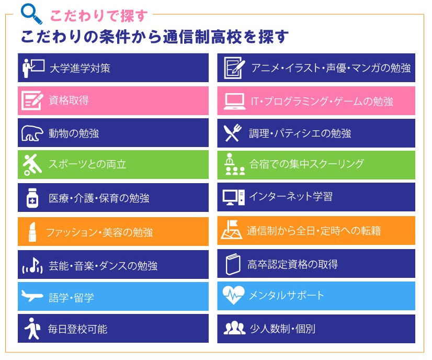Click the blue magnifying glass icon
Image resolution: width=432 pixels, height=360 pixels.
pyautogui.click(x=31, y=14)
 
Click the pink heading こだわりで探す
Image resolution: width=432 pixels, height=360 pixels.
pyautogui.click(x=99, y=16)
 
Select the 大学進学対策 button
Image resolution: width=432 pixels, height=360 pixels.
pyautogui.click(x=113, y=68)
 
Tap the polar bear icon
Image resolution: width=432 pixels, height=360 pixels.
pyautogui.click(x=32, y=133)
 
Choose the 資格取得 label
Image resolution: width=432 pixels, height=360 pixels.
pyautogui.click(x=69, y=100)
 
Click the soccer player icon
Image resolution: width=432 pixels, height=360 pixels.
pyautogui.click(x=32, y=164)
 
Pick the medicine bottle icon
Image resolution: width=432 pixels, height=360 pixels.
pyautogui.click(x=32, y=198)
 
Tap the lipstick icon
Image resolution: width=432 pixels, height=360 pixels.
pyautogui.click(x=32, y=232)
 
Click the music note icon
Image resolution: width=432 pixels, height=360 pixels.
pyautogui.click(x=32, y=266)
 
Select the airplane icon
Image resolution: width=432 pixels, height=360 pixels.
pyautogui.click(x=32, y=296)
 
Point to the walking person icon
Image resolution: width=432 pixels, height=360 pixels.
pyautogui.click(x=32, y=328)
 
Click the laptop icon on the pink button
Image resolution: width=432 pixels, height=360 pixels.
pyautogui.click(x=234, y=101)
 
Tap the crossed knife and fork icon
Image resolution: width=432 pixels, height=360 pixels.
pyautogui.click(x=233, y=133)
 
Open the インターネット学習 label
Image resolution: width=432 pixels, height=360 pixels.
pyautogui.click(x=291, y=197)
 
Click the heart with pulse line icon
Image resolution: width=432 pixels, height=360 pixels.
pyautogui.click(x=233, y=295)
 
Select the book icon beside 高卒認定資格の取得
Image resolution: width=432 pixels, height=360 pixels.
pyautogui.click(x=233, y=264)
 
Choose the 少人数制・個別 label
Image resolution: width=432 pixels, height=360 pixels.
pyautogui.click(x=282, y=329)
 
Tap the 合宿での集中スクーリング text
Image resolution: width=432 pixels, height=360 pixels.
pyautogui.click(x=306, y=164)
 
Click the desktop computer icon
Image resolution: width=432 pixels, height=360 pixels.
pyautogui.click(x=233, y=197)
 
